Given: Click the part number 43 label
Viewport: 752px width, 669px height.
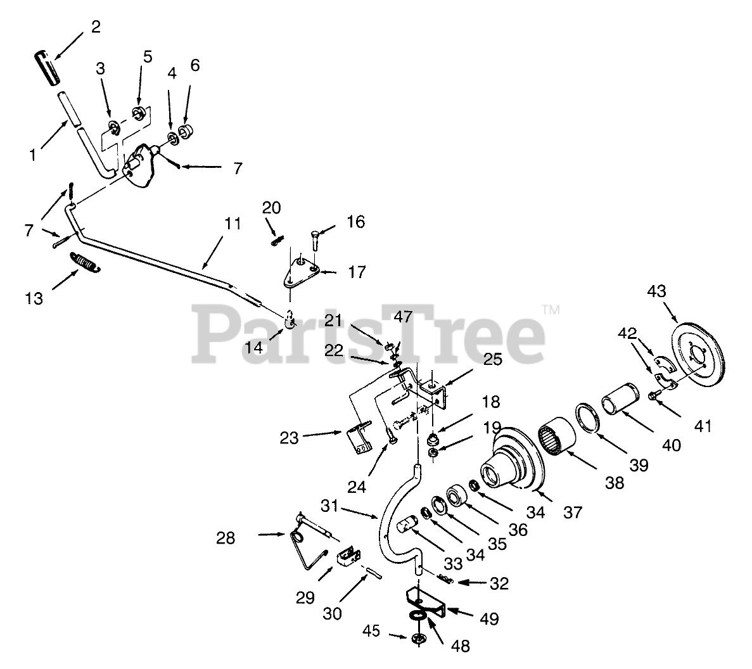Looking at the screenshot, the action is (657, 291).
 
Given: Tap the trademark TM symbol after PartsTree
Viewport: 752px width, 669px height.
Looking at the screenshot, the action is (551, 310).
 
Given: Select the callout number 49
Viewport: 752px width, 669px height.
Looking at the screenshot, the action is (490, 618).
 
